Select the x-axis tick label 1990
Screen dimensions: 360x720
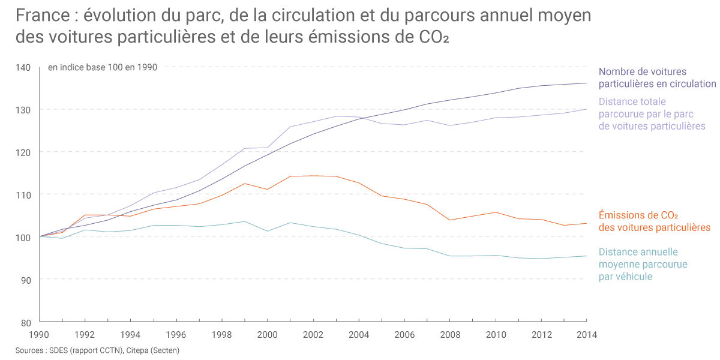point(40,335)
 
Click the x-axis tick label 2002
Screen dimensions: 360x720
point(313,335)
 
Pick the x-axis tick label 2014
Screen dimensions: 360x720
point(586,335)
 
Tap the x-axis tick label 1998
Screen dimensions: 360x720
point(222,335)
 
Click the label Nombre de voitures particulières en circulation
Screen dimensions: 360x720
point(657,78)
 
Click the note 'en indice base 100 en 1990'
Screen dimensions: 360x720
point(103,67)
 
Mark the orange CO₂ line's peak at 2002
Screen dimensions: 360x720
point(313,176)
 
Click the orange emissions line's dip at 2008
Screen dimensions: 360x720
point(450,220)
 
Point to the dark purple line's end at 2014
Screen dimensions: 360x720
point(586,83)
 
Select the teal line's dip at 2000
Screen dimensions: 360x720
point(268,231)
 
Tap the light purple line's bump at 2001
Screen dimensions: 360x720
point(290,127)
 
